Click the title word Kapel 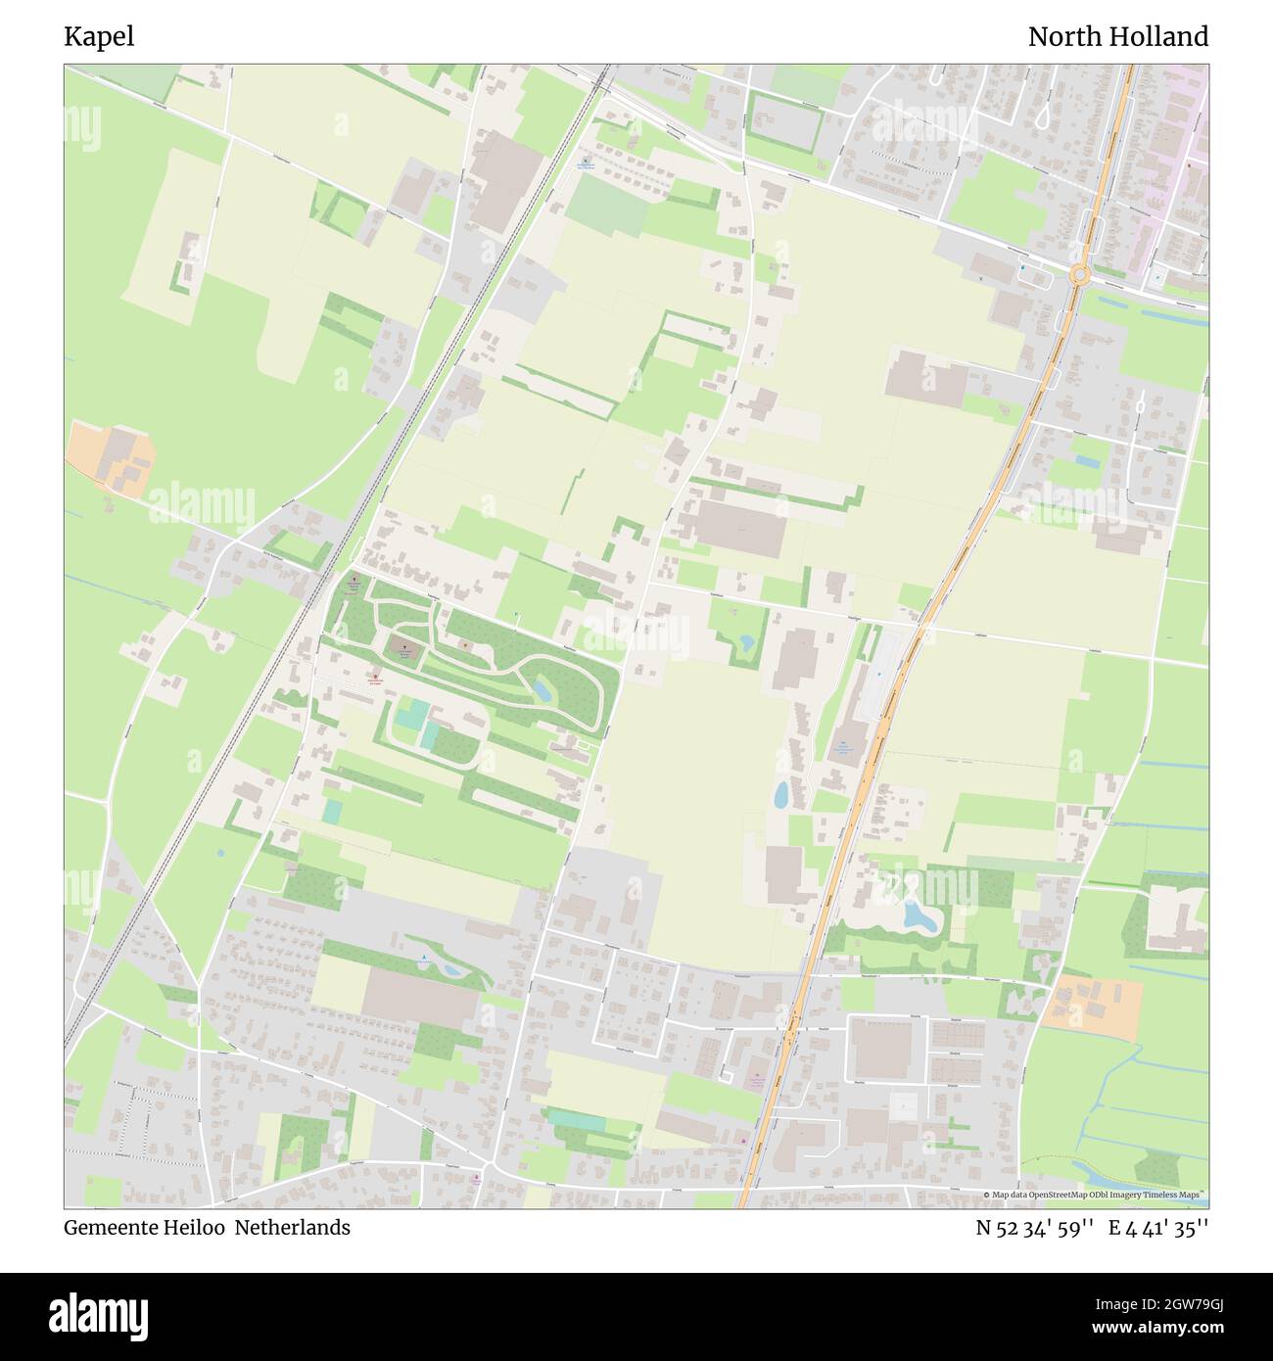coord(99,37)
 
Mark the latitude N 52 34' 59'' coord(1034,1228)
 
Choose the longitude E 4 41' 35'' coord(1158,1228)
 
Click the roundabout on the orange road coord(1080,275)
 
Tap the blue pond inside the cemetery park coord(542,688)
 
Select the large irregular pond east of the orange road coord(920,916)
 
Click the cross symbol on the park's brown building coord(401,646)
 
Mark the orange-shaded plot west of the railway coord(111,458)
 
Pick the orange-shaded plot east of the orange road coord(1093,1008)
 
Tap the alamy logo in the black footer coord(99,1316)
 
